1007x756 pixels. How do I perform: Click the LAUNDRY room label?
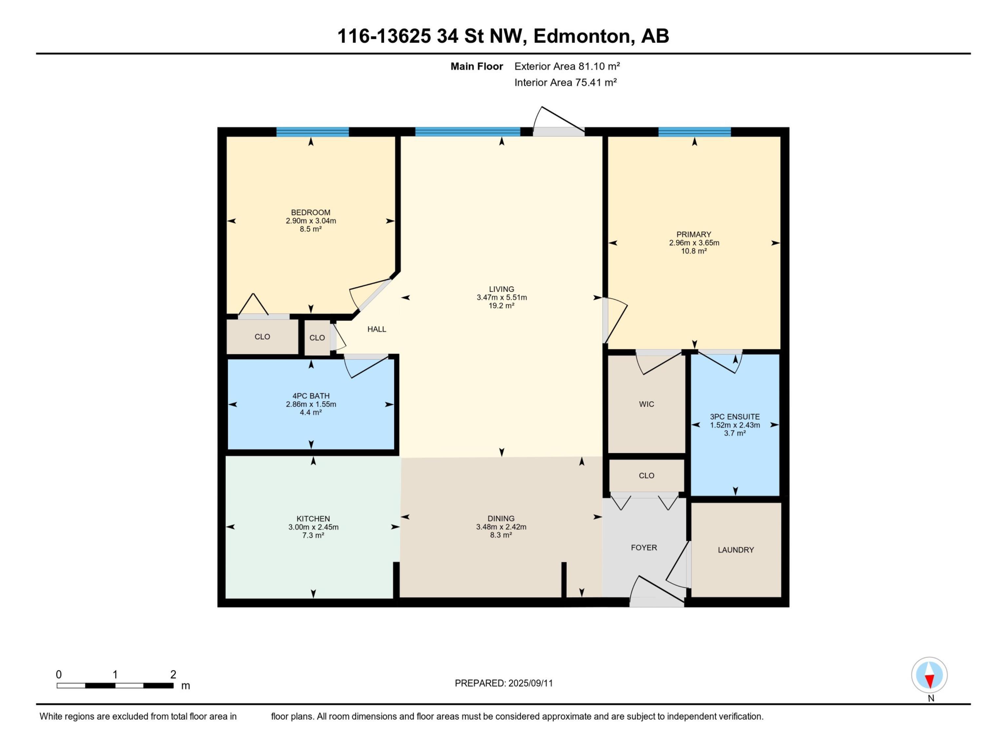(x=736, y=550)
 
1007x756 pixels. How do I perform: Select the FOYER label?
(x=644, y=548)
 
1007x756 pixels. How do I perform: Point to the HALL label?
(x=377, y=329)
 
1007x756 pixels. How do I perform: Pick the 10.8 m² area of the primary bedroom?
(x=694, y=251)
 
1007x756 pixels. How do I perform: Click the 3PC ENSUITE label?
(x=735, y=416)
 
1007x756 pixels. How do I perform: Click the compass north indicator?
(x=929, y=675)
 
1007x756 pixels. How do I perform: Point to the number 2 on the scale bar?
(x=173, y=674)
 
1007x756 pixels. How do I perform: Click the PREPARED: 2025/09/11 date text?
(x=503, y=683)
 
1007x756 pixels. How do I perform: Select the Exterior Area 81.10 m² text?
(x=567, y=67)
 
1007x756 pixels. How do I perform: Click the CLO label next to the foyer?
(x=646, y=476)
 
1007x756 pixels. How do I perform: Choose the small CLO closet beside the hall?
(x=317, y=338)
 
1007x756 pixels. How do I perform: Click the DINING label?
(x=501, y=518)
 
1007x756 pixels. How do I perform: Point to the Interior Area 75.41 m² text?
(x=565, y=82)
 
